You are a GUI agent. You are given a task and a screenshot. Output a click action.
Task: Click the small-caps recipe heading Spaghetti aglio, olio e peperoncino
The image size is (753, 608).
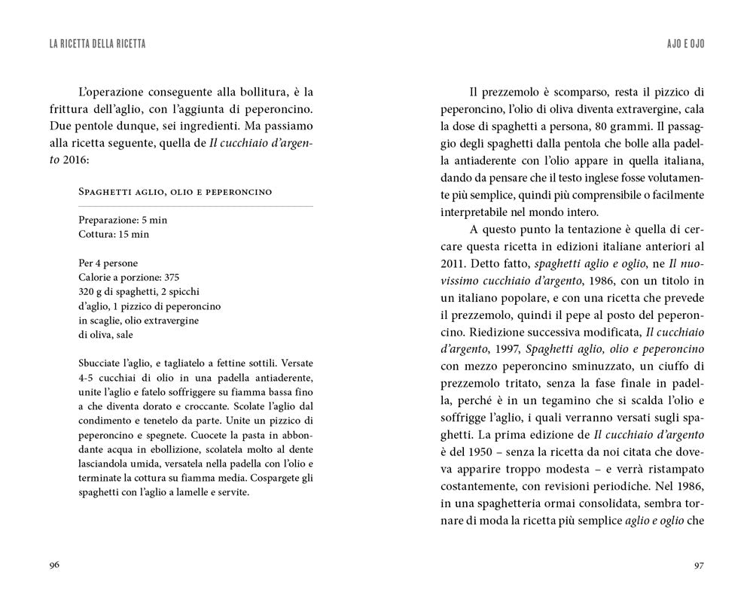175,192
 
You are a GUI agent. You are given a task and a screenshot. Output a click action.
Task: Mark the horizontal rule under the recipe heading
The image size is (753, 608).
196,206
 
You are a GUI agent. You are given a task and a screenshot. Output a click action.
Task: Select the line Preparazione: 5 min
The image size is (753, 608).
122,220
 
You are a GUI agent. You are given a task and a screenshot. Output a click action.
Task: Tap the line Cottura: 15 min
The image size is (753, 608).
113,234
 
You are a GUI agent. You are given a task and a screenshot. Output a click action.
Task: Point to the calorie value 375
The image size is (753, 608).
170,277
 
